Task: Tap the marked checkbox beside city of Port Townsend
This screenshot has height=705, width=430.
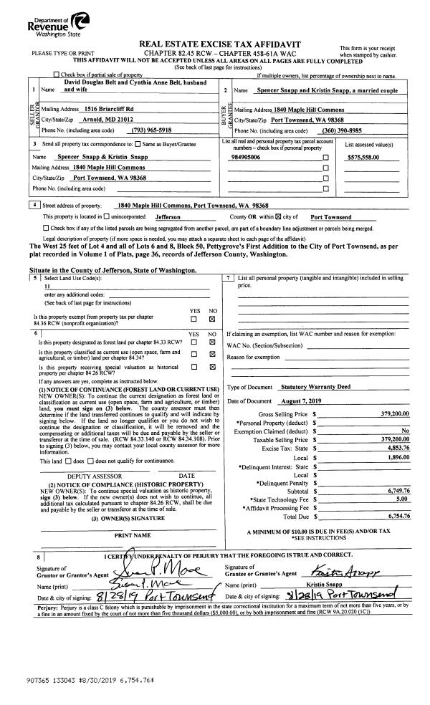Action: (270, 216)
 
